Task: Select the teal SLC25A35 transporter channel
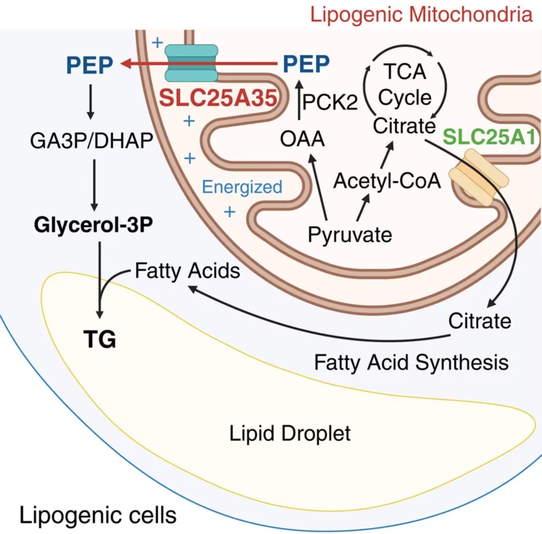click(192, 63)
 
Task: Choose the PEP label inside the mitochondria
click(306, 64)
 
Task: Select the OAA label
click(302, 139)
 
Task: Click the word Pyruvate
click(350, 234)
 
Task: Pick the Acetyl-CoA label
click(387, 180)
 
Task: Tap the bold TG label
click(99, 341)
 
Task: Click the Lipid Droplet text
click(290, 433)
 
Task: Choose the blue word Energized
click(242, 187)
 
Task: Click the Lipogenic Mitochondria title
click(421, 15)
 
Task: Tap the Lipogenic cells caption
click(98, 514)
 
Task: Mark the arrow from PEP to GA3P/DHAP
click(91, 102)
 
